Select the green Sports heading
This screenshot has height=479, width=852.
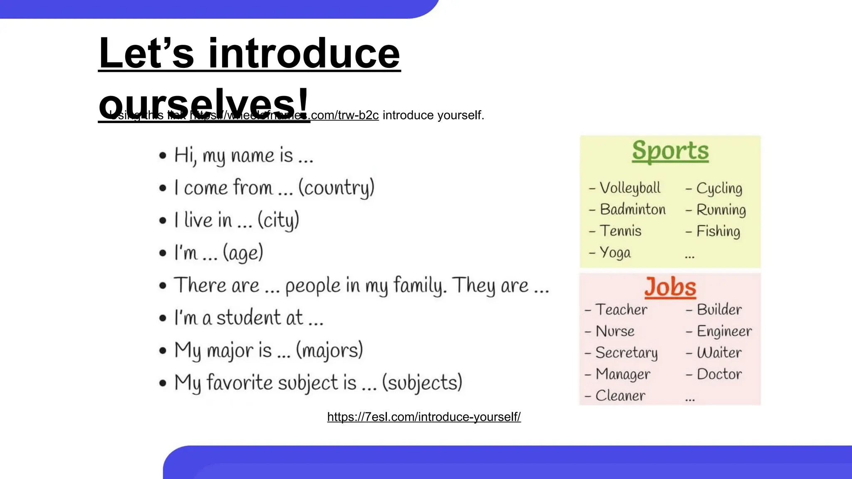coord(670,151)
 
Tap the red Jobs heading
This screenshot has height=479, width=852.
coord(670,287)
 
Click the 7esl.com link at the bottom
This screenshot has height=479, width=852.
coord(424,417)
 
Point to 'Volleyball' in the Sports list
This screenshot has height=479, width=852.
coord(630,188)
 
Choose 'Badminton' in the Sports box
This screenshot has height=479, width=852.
coord(633,210)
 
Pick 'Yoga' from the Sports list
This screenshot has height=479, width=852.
coord(615,253)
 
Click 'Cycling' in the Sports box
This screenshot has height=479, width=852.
coord(719,188)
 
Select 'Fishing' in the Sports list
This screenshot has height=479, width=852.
coord(718,232)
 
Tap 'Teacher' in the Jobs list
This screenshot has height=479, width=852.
coord(621,310)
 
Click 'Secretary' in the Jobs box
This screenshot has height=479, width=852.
coord(627,353)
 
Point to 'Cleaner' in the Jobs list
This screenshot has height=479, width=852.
coord(620,396)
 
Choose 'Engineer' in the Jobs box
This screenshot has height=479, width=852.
coord(724,331)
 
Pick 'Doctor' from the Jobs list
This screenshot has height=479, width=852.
coord(719,374)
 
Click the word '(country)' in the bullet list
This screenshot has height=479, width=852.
coord(336,188)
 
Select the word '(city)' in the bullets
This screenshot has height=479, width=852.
coord(278,220)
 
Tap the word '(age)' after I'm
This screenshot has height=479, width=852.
coord(243,253)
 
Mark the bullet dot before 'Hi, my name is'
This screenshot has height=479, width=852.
coord(163,156)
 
